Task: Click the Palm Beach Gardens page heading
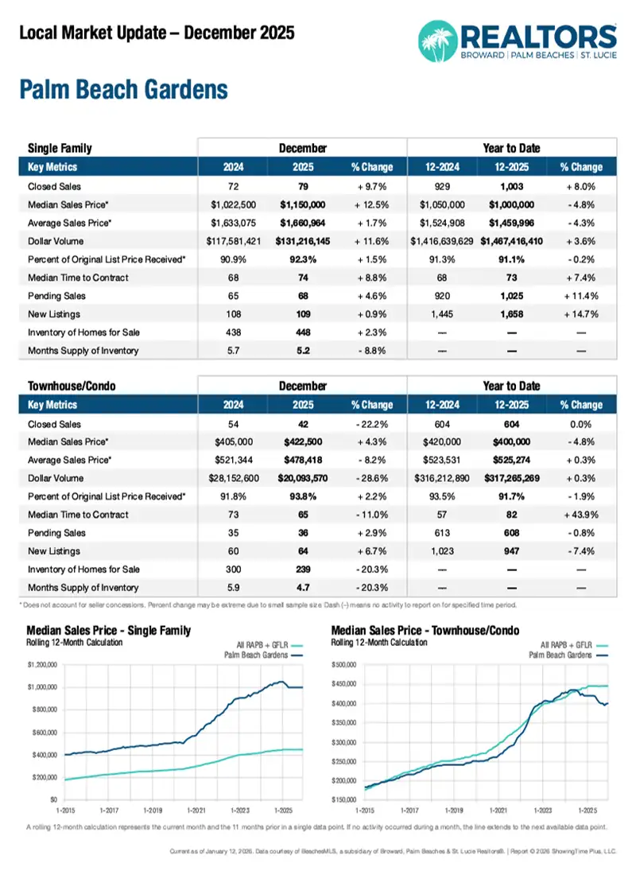tap(123, 89)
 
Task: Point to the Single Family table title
tap(60, 148)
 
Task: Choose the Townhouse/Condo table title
tap(72, 386)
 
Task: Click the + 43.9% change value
tap(582, 515)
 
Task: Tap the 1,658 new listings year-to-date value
tap(511, 313)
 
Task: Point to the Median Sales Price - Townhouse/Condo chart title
tap(425, 631)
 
